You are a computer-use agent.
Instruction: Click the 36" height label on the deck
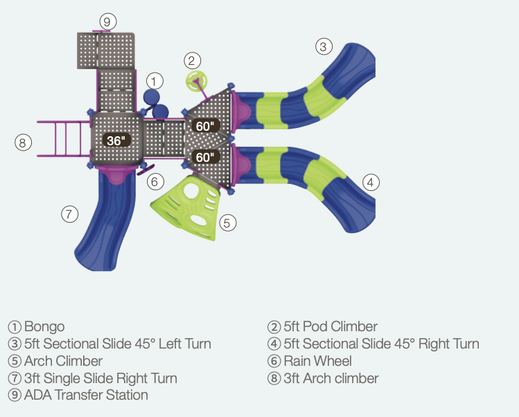pos(116,140)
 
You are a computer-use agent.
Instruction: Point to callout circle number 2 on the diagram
pos(193,60)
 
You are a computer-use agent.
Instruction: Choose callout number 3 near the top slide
pos(324,47)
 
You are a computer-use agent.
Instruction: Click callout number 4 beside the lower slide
pos(371,183)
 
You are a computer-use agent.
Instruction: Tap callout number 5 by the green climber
pos(229,223)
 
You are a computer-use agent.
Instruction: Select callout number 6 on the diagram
pos(155,183)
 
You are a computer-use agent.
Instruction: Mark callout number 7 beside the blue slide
pos(69,214)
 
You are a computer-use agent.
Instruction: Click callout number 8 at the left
pos(23,143)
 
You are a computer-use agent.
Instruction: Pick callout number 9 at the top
pos(106,21)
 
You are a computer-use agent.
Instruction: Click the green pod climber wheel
pos(195,80)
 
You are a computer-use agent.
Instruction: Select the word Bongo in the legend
pos(44,326)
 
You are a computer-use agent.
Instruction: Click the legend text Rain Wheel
pos(317,361)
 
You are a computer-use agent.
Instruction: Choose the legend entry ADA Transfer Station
pos(86,396)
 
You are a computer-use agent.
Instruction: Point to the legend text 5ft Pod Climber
pos(331,326)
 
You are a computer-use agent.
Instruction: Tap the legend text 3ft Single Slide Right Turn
pos(100,378)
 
